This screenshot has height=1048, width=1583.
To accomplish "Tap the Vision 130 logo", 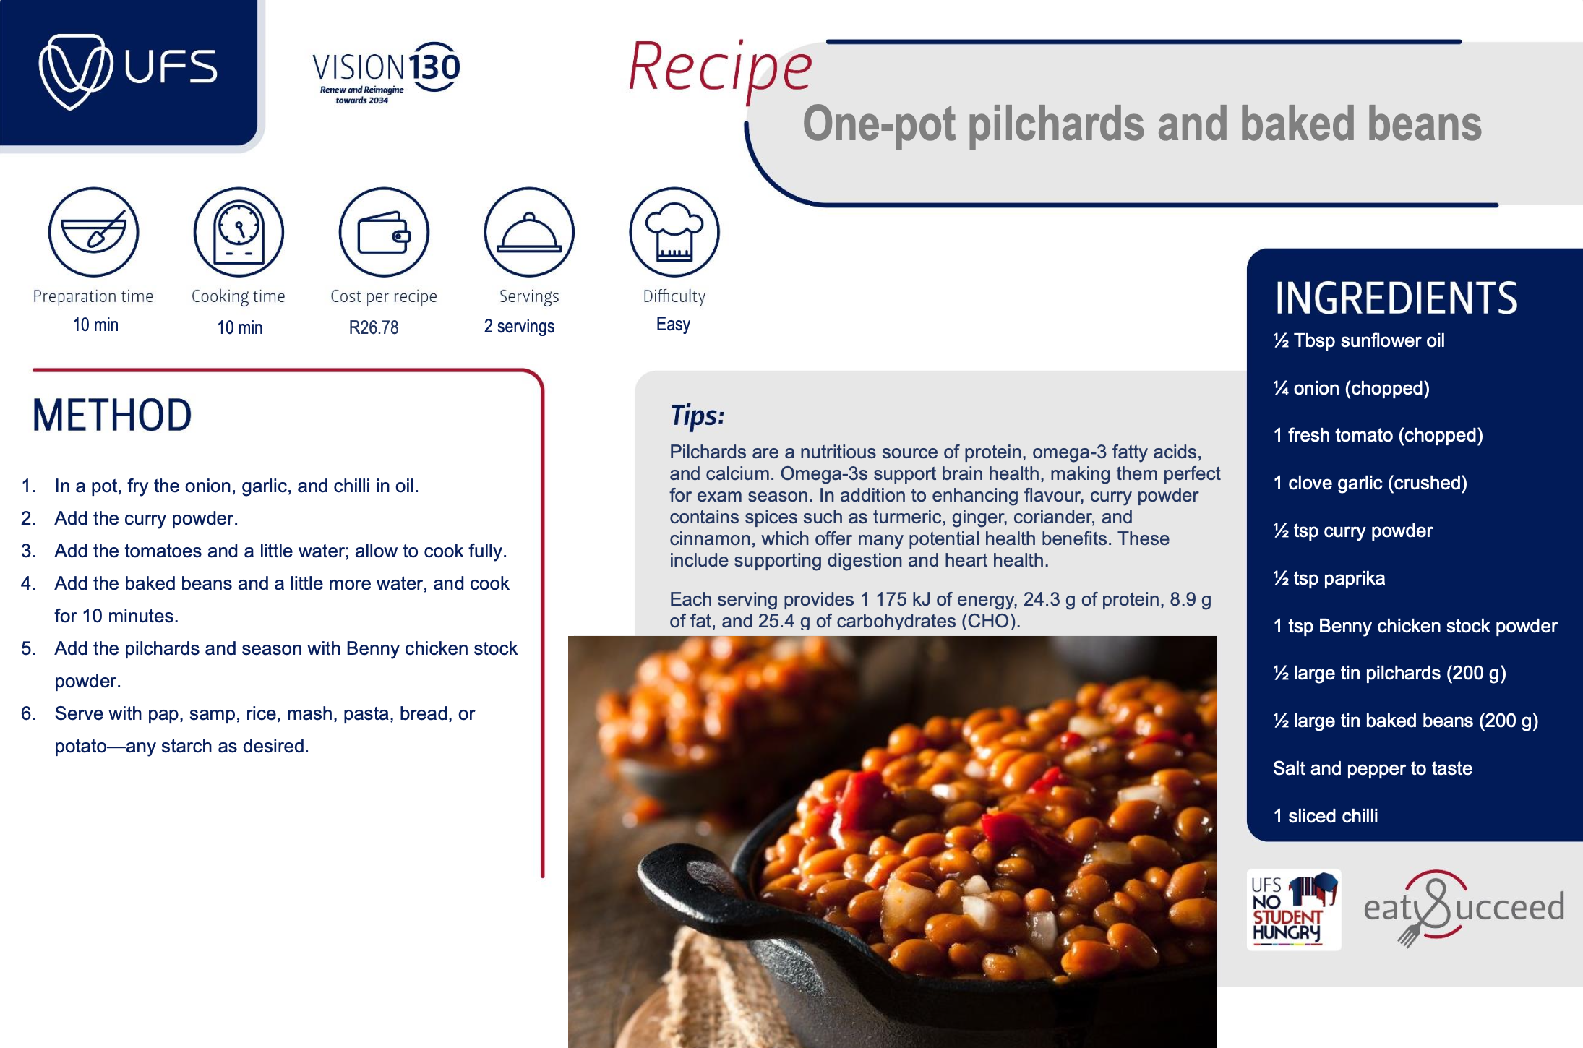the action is [x=386, y=73].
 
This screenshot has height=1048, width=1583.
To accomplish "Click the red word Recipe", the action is [x=720, y=68].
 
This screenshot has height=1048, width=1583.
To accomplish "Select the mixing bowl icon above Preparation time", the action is [x=93, y=232].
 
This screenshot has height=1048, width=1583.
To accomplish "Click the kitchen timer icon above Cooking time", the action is [x=239, y=232].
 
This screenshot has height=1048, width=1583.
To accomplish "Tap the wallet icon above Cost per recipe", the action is [x=384, y=232].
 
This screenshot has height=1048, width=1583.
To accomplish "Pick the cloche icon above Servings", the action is [x=529, y=232].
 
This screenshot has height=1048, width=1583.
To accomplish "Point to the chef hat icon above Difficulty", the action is [x=674, y=232].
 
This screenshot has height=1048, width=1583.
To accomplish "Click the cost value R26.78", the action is [x=374, y=327].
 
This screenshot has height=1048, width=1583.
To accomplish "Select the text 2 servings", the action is [x=519, y=327].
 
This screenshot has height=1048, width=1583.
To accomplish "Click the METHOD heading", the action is [x=112, y=416].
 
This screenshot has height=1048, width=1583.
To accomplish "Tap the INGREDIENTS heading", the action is [x=1396, y=298].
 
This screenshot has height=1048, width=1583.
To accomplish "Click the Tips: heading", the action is [x=697, y=416].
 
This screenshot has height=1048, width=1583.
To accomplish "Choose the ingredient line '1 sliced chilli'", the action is [x=1326, y=816].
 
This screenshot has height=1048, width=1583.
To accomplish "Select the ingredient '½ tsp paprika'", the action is [x=1329, y=578].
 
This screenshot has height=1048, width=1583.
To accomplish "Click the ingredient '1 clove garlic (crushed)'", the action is [x=1370, y=483].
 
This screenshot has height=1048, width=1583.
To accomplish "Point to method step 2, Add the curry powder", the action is [x=146, y=518].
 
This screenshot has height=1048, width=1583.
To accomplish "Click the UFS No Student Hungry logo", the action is [x=1294, y=909].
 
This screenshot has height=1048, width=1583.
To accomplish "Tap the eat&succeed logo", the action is [x=1464, y=908].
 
